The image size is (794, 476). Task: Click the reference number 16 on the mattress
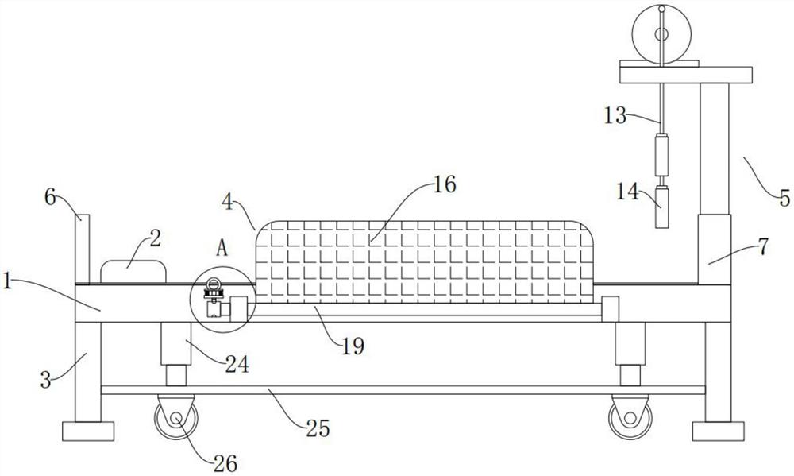click(445, 185)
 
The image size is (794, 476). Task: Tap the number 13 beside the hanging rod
click(615, 115)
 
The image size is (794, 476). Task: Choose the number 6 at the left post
click(50, 197)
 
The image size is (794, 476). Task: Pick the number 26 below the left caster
click(225, 461)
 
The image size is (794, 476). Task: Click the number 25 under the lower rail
click(316, 430)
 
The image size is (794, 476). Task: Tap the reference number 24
click(237, 365)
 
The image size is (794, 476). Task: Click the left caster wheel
click(175, 417)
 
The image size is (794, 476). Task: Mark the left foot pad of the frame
click(87, 431)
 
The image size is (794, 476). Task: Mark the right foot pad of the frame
click(718, 431)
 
